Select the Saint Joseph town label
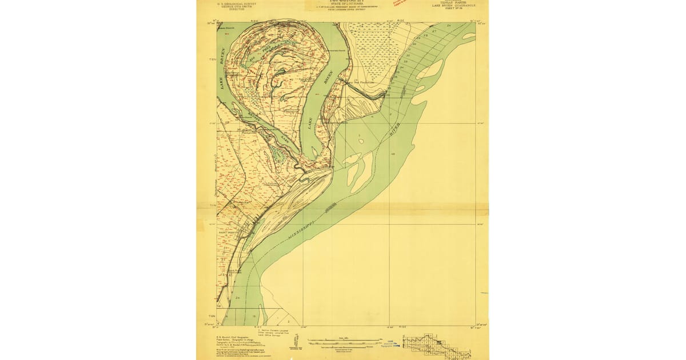pyautogui.click(x=227, y=233)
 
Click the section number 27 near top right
pyautogui.click(x=434, y=31)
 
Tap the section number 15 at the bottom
pyautogui.click(x=253, y=316)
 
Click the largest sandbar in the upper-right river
pyautogui.click(x=429, y=71)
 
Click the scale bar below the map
pyautogui.click(x=343, y=343)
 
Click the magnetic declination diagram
pyautogui.click(x=295, y=342)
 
